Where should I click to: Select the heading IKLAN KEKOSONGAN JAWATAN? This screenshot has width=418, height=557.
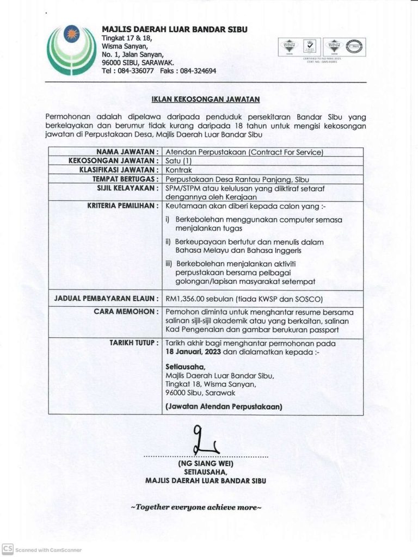click(206, 99)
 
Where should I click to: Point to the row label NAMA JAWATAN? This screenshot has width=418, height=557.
click(128, 152)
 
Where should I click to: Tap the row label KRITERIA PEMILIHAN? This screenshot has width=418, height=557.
click(123, 206)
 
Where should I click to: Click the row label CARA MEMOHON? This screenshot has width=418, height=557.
click(131, 312)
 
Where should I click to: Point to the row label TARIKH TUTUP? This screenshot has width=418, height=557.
click(133, 343)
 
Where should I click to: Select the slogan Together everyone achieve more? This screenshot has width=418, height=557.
click(196, 507)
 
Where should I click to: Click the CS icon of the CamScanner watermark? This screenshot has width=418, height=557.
click(8, 549)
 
